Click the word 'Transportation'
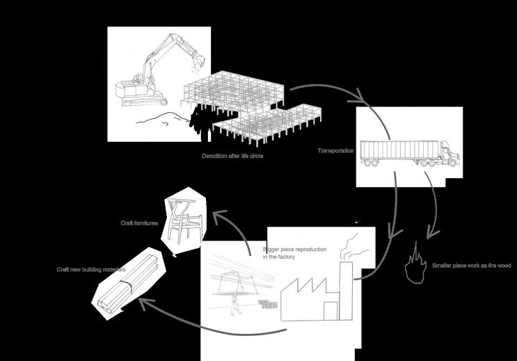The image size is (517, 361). click(x=336, y=151)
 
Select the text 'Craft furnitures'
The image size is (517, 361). click(x=138, y=223)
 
